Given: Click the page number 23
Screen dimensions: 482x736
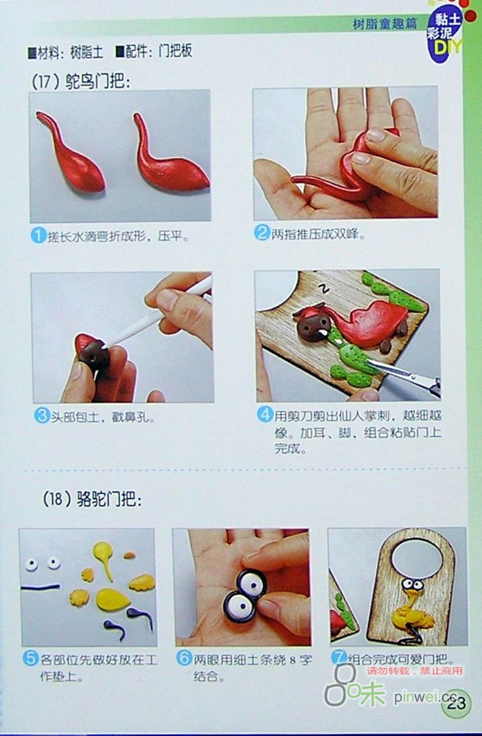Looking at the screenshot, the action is click(x=457, y=703).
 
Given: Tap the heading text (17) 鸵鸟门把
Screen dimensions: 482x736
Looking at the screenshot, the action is click(x=81, y=81).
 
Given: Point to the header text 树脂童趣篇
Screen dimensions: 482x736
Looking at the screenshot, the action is click(x=385, y=23).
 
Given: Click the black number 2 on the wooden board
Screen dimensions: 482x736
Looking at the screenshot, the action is click(x=325, y=288).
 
